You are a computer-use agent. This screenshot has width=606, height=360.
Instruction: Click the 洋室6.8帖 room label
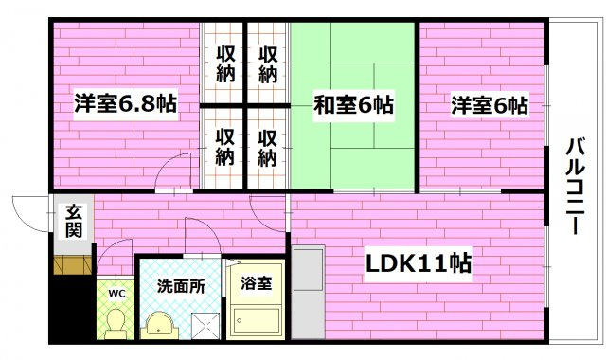(x=126, y=103)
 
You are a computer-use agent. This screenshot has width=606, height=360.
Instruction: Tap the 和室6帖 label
(x=353, y=105)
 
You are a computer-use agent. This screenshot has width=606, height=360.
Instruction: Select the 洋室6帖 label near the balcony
(x=490, y=105)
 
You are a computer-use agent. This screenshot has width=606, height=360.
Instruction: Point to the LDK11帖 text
(x=419, y=263)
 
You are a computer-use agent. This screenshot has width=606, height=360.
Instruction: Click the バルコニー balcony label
(x=575, y=187)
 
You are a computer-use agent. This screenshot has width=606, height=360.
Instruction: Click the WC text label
(x=116, y=294)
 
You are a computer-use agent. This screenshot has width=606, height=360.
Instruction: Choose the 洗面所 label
(x=181, y=286)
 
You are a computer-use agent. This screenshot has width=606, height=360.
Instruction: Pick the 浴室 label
(x=256, y=283)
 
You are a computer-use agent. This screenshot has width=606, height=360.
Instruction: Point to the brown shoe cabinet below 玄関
(x=73, y=265)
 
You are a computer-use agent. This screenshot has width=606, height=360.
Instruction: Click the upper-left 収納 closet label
(x=225, y=63)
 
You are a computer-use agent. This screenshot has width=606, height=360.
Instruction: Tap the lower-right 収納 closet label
(x=267, y=148)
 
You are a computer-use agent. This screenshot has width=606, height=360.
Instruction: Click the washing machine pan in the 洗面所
(x=205, y=325)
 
